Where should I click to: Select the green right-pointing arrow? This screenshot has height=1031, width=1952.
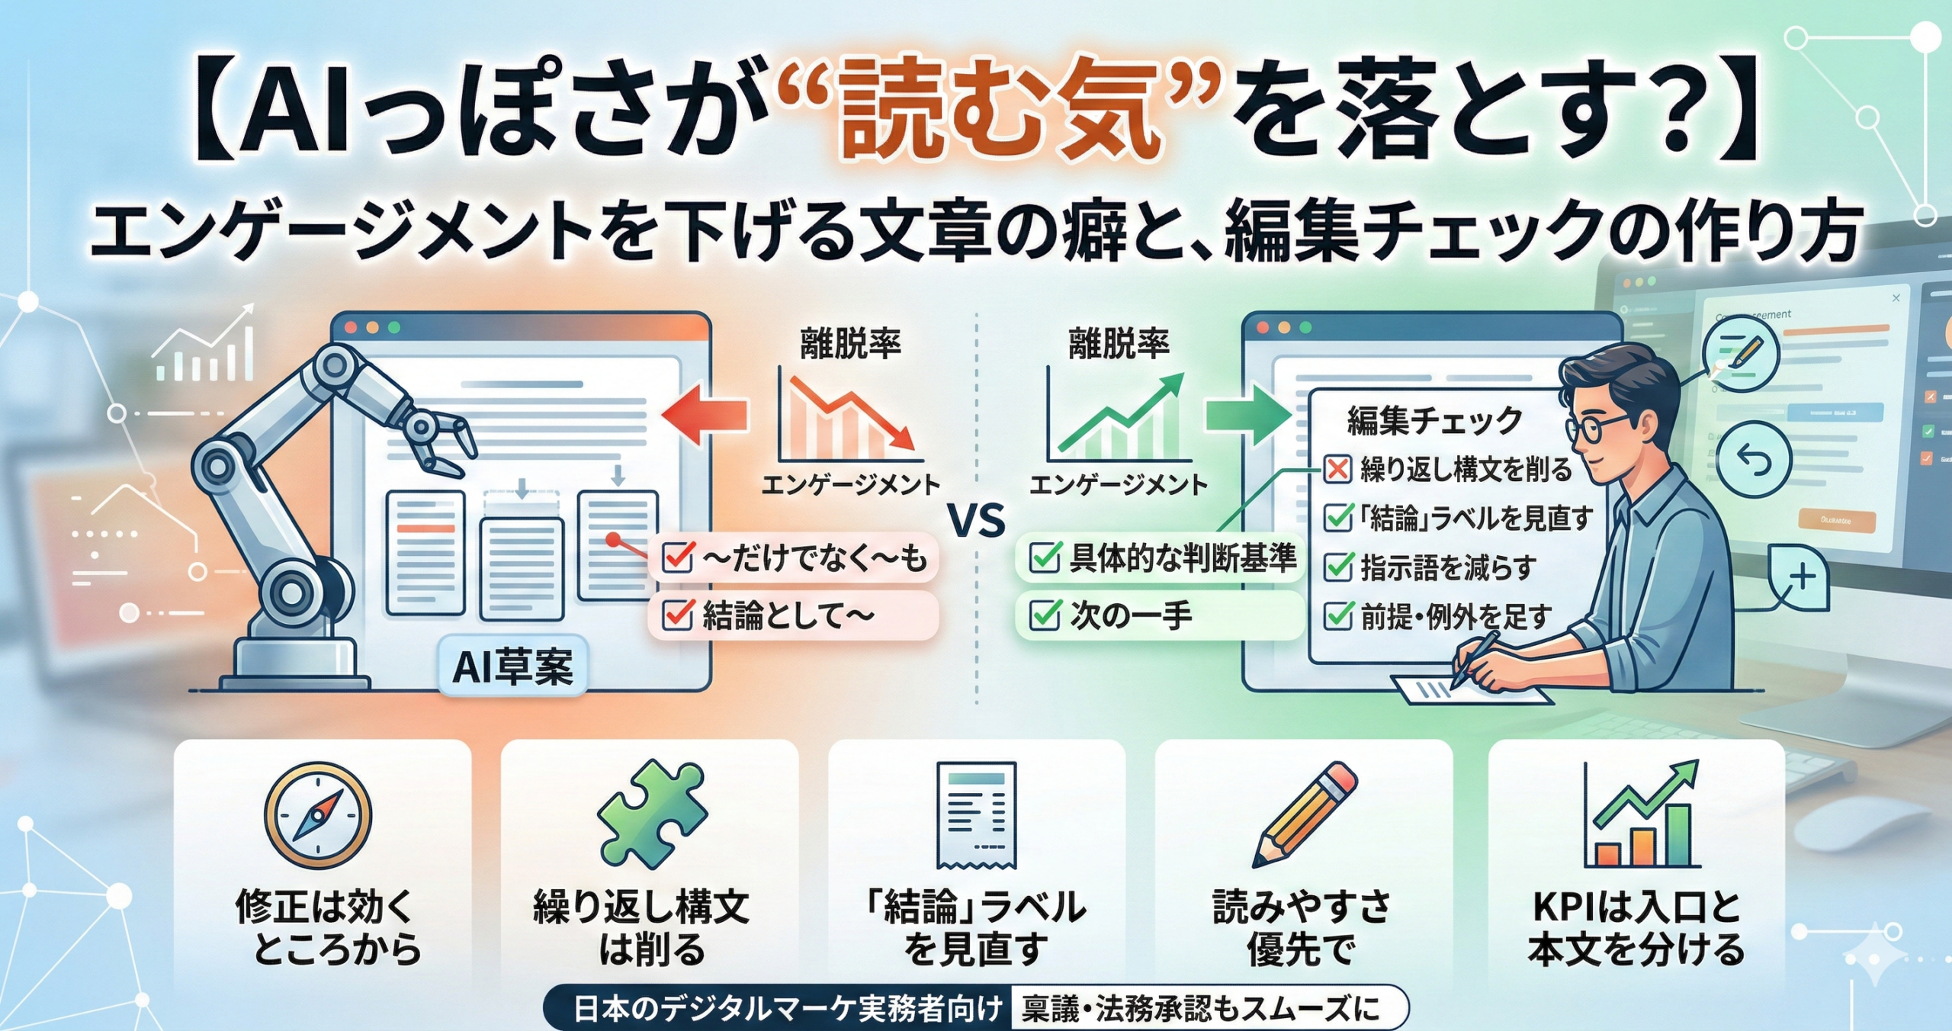[x=1247, y=414]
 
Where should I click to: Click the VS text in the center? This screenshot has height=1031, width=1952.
[x=977, y=522]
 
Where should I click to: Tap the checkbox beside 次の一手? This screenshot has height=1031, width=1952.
[x=1045, y=615]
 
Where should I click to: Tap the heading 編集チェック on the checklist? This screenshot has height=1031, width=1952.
[x=1434, y=420]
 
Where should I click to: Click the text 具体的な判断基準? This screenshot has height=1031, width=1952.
[x=1182, y=558]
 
